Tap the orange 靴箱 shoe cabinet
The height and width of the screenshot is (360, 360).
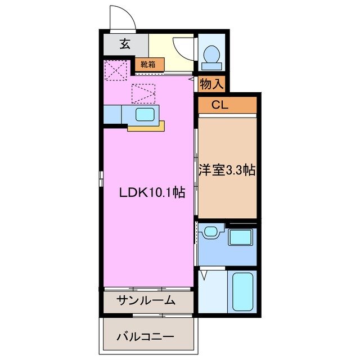[x=149, y=64]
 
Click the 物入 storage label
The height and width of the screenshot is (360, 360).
[x=212, y=84]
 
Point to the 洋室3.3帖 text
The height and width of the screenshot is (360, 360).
[x=227, y=170]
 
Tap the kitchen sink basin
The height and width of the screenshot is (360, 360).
[x=146, y=115]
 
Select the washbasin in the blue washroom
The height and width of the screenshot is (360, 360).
[x=211, y=232]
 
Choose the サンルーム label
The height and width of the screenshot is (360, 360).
[x=146, y=300]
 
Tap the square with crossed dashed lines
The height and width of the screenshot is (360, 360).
[x=117, y=70]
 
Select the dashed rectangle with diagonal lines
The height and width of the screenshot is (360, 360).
[x=143, y=93]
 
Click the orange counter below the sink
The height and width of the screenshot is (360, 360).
[x=146, y=128]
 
